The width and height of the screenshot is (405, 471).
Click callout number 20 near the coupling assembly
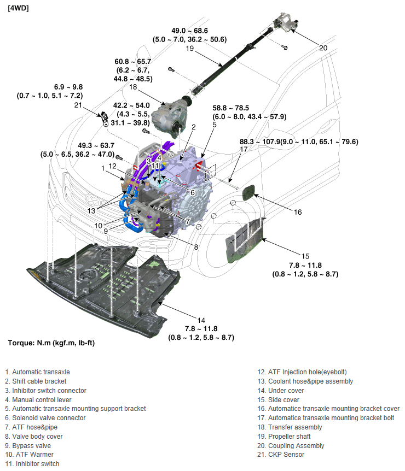point(323,48)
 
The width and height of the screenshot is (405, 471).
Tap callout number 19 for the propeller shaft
point(190,49)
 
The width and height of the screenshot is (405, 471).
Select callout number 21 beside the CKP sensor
point(78,105)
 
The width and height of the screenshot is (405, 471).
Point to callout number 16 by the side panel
point(298,212)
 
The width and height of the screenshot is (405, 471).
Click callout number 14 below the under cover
point(201,320)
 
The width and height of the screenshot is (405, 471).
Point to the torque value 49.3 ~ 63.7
point(85,145)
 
